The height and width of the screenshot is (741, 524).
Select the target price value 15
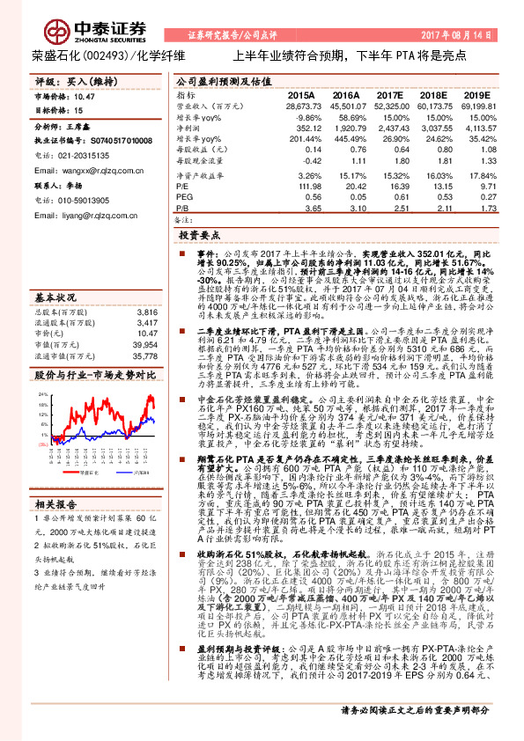[x=79, y=111]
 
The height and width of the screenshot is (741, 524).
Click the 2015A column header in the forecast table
[x=300, y=94]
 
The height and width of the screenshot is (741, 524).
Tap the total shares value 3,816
[x=145, y=312]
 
